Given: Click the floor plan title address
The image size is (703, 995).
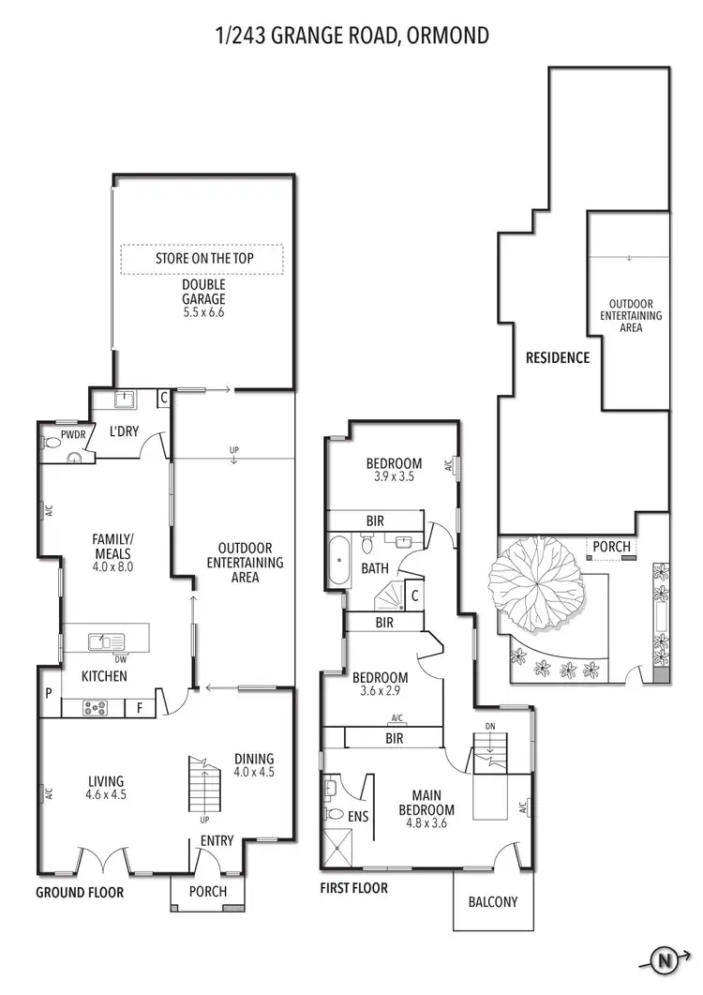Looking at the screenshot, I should pyautogui.click(x=351, y=36).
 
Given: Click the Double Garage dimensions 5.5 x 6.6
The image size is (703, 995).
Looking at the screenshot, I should pyautogui.click(x=204, y=313).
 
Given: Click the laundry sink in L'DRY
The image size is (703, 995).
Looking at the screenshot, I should pyautogui.click(x=123, y=400).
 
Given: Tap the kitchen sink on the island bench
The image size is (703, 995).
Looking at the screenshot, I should pyautogui.click(x=105, y=641).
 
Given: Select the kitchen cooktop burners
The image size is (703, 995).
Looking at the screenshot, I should pyautogui.click(x=95, y=708).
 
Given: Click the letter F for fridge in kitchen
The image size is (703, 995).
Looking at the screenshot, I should pyautogui.click(x=140, y=708).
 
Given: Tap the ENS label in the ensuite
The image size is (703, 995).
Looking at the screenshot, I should pyautogui.click(x=358, y=817).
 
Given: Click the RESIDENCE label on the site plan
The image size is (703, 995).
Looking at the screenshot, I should pyautogui.click(x=558, y=357).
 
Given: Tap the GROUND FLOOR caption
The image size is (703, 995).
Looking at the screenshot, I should pyautogui.click(x=80, y=892).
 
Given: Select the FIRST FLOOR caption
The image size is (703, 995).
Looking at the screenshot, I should pyautogui.click(x=354, y=887).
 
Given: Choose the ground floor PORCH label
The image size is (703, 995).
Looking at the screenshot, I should pyautogui.click(x=207, y=891).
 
